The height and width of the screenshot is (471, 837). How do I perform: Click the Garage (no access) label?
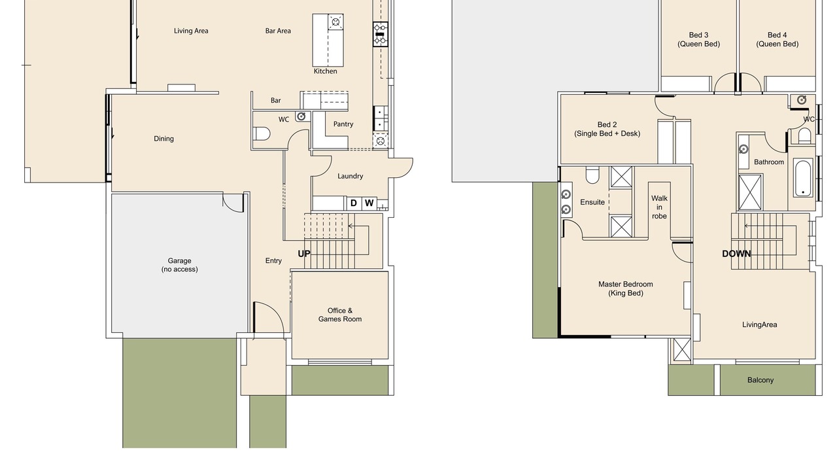(179, 265)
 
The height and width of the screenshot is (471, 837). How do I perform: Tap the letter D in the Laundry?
(354, 203)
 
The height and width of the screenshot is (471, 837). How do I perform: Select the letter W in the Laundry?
(369, 203)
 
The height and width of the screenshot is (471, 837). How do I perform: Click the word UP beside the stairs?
(304, 254)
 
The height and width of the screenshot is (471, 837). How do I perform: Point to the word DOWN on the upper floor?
(736, 254)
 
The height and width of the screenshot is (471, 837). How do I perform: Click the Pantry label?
(343, 124)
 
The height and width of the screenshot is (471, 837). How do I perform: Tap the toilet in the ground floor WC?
(262, 133)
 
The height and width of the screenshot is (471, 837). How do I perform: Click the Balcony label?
(760, 380)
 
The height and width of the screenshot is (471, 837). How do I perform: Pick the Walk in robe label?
(659, 207)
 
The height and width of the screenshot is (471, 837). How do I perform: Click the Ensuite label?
(592, 202)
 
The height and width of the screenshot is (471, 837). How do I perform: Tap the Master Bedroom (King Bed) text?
(626, 288)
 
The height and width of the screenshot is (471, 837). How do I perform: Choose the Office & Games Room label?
(339, 315)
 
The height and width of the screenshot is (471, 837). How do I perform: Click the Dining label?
(163, 139)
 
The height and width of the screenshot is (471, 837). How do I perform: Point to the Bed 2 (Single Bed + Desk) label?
(607, 129)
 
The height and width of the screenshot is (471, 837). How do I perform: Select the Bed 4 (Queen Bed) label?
(777, 39)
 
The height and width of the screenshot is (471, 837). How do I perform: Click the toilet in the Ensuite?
(592, 175)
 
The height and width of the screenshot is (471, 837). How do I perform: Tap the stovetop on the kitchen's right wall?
(381, 34)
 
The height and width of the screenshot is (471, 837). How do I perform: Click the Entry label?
(273, 260)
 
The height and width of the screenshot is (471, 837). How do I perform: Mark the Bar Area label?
(278, 31)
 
